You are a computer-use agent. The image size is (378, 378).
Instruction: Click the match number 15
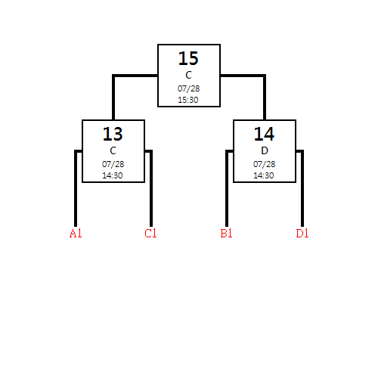click(188, 58)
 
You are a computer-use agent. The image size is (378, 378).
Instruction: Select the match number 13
click(113, 134)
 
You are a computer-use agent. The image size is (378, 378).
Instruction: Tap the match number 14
click(264, 134)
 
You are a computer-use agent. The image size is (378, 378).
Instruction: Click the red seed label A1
click(76, 234)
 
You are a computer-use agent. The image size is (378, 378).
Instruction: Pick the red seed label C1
click(150, 234)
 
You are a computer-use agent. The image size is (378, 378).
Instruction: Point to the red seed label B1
click(226, 234)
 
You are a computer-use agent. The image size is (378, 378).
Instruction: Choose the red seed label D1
click(302, 234)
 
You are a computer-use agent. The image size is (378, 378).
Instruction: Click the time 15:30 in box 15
click(188, 100)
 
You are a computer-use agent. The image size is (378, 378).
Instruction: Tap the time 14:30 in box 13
click(113, 175)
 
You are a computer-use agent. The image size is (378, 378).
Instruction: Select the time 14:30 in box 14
click(264, 175)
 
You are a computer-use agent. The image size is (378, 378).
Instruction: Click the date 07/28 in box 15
click(189, 88)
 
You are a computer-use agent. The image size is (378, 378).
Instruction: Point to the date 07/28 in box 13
click(113, 164)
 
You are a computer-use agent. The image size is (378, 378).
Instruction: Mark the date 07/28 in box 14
click(265, 164)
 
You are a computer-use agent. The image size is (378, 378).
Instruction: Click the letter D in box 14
click(265, 150)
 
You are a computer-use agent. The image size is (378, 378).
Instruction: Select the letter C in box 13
click(113, 150)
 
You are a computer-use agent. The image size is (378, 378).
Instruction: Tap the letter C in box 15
click(188, 75)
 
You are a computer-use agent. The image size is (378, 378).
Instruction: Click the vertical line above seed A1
click(76, 188)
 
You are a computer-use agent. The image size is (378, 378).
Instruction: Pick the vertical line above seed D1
click(302, 188)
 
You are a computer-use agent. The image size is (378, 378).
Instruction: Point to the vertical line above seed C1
click(151, 188)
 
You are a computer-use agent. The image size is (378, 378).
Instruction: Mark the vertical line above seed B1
click(227, 188)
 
